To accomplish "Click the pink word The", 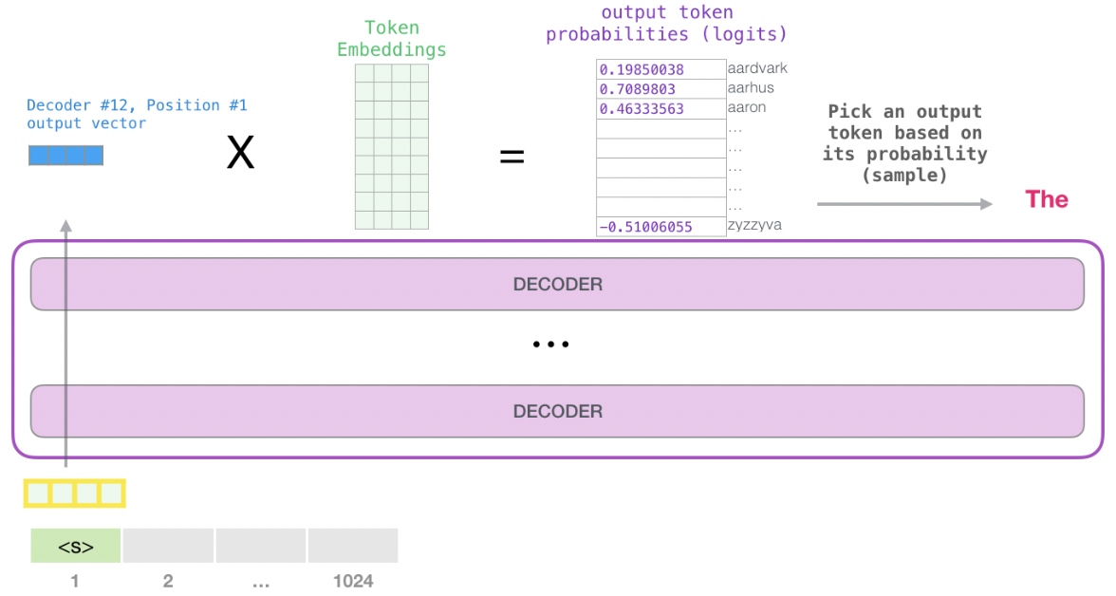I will click(1047, 199).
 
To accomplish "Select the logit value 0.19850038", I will click(641, 69).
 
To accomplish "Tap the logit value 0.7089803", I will click(637, 89).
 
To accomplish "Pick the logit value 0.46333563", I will click(641, 109).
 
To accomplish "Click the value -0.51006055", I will click(644, 227).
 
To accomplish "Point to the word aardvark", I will click(757, 68).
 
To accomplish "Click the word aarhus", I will click(751, 88).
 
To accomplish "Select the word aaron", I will click(747, 108).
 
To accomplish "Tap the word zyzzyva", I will click(755, 226).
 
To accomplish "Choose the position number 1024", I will click(352, 581).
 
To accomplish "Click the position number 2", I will click(168, 581).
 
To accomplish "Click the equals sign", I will click(512, 157).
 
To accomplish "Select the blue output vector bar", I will click(65, 156).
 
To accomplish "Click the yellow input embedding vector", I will click(74, 494).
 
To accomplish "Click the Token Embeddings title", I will click(391, 39).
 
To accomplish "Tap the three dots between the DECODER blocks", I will click(550, 345).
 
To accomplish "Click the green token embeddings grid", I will click(391, 146).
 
